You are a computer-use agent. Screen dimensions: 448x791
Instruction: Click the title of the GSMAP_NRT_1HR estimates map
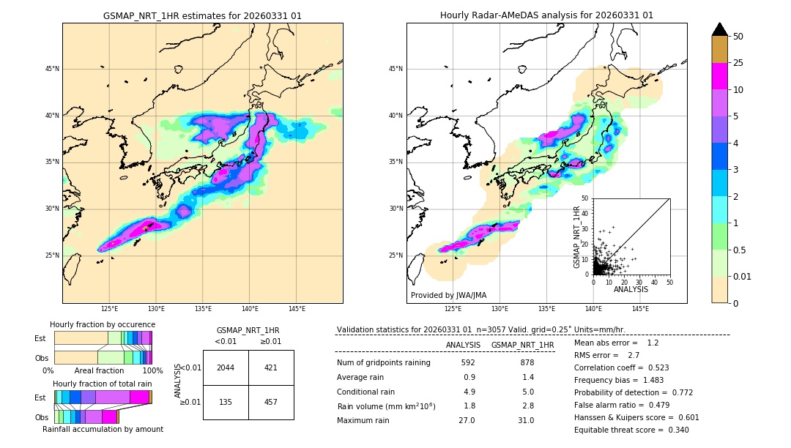point(202,15)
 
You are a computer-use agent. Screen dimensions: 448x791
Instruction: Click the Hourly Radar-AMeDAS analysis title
point(546,15)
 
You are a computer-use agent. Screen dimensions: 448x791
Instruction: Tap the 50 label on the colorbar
point(738,37)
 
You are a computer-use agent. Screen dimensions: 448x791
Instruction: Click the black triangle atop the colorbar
point(719,29)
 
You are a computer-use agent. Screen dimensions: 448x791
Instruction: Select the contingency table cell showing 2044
point(226,367)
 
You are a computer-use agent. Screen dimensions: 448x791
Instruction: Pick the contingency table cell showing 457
point(271,402)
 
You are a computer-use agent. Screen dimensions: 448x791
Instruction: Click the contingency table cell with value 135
point(226,402)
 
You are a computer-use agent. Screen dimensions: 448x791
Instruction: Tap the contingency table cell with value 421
point(271,367)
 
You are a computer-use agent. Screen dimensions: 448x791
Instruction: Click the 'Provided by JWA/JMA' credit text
point(448,296)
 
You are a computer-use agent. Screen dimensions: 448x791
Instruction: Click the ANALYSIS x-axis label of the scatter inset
point(631,289)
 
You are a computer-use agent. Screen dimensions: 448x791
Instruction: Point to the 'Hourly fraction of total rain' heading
point(103,384)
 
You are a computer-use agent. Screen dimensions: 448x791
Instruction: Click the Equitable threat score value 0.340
point(674,430)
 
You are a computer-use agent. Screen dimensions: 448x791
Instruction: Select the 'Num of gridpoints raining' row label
point(383,363)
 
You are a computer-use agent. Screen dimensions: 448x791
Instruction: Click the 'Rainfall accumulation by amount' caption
point(103,429)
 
